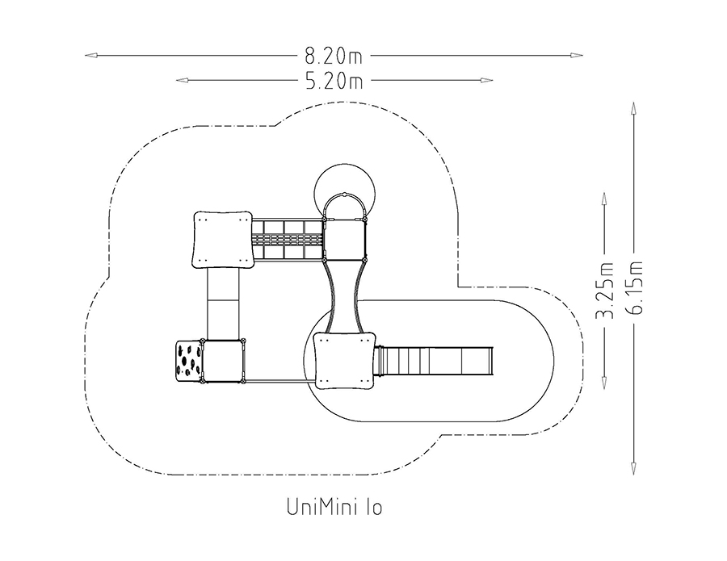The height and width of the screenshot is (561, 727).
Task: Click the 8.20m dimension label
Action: [x=334, y=56]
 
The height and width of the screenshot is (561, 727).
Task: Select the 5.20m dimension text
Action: [x=334, y=81]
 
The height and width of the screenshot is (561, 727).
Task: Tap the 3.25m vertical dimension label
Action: [x=604, y=291]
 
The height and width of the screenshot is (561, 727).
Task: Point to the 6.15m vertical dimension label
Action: [x=634, y=287]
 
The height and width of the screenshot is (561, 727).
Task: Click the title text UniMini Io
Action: [x=334, y=507]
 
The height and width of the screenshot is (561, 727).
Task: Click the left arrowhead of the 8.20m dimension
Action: [x=90, y=56]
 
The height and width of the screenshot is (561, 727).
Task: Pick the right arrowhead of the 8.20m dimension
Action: [x=577, y=56]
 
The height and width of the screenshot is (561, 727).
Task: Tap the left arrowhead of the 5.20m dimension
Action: [x=182, y=81]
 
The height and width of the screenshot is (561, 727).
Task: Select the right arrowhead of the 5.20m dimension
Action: [x=487, y=81]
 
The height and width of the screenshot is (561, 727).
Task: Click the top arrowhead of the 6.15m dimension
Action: [x=633, y=108]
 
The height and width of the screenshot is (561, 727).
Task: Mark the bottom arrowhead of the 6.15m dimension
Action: [x=633, y=469]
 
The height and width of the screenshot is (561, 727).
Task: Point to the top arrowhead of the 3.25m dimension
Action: [x=604, y=199]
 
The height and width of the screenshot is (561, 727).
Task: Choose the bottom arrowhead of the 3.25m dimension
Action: [x=604, y=383]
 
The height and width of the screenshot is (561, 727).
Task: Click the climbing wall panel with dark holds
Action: [x=189, y=361]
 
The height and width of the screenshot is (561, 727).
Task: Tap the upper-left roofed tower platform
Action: [x=223, y=240]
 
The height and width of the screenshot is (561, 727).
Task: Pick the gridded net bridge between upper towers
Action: [x=288, y=240]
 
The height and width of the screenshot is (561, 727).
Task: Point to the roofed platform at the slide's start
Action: [x=344, y=361]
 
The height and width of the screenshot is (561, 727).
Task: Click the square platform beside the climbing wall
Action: [x=223, y=362]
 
